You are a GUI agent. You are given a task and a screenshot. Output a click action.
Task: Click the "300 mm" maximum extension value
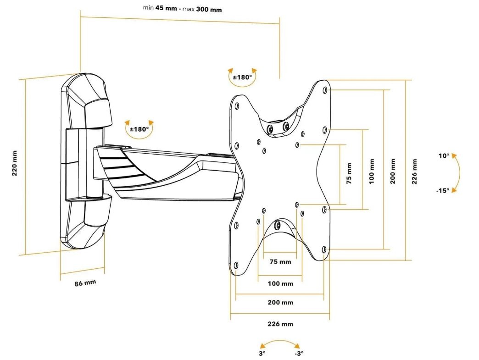pyautogui.click(x=209, y=9)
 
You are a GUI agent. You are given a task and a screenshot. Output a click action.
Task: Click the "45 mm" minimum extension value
pyautogui.click(x=169, y=8)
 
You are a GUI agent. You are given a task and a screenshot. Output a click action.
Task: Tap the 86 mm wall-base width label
pyautogui.click(x=85, y=283)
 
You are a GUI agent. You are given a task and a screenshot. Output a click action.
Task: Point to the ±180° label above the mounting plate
pyautogui.click(x=242, y=77)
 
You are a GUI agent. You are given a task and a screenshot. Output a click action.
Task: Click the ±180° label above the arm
pyautogui.click(x=139, y=129)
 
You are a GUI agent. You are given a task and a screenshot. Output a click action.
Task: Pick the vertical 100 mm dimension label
pyautogui.click(x=372, y=171)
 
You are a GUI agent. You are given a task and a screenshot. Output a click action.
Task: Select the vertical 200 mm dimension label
pyautogui.click(x=393, y=171)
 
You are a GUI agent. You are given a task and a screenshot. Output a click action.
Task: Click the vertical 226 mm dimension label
pyautogui.click(x=414, y=171)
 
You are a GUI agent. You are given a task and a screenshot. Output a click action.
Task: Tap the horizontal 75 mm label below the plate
pyautogui.click(x=280, y=262)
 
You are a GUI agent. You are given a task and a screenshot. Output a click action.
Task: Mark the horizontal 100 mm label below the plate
pyautogui.click(x=280, y=283)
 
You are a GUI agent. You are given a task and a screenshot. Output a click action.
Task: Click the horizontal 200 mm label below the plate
pyautogui.click(x=280, y=303)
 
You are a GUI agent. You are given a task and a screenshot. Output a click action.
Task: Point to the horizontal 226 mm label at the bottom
pyautogui.click(x=280, y=324)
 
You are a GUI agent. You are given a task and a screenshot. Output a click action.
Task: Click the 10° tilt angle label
pyautogui.click(x=444, y=156)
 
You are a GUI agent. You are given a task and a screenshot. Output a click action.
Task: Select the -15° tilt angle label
pyautogui.click(x=443, y=190)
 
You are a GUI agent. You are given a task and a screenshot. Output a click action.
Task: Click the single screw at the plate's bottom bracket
pyautogui.click(x=278, y=225)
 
